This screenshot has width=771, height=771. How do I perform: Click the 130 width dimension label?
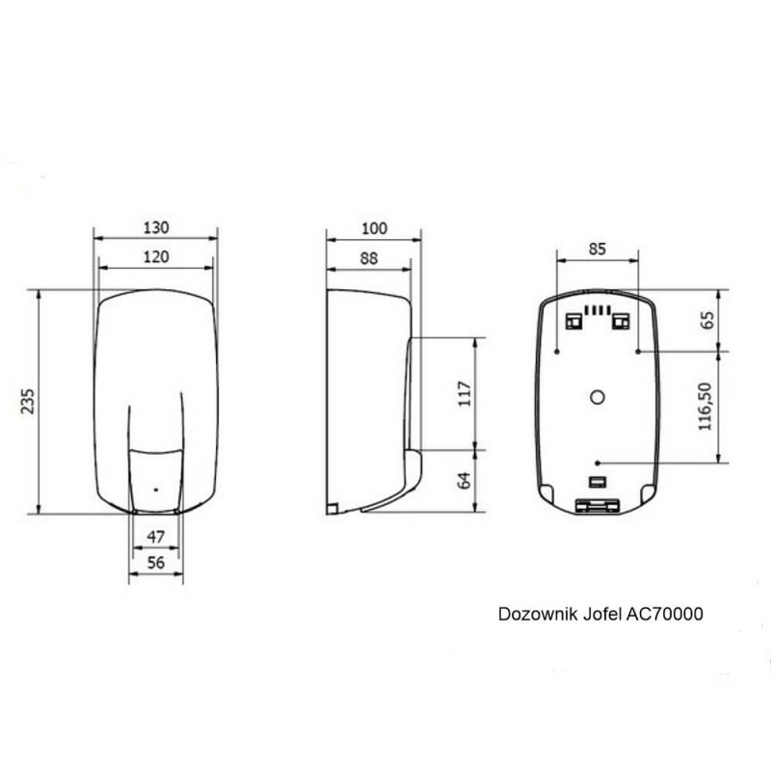point(156,227)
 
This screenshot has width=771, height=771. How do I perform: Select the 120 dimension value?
point(156,256)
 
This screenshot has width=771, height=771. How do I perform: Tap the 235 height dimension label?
point(28,401)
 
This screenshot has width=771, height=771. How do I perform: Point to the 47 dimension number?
point(156,537)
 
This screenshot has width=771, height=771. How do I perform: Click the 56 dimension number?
point(156,563)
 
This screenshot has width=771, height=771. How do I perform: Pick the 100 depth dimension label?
point(374,228)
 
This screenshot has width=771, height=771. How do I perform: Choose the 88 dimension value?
point(369,258)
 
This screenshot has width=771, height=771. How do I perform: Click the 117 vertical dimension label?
point(465,393)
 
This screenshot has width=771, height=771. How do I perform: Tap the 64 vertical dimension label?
point(464,480)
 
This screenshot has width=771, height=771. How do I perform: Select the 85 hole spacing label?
point(597,249)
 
